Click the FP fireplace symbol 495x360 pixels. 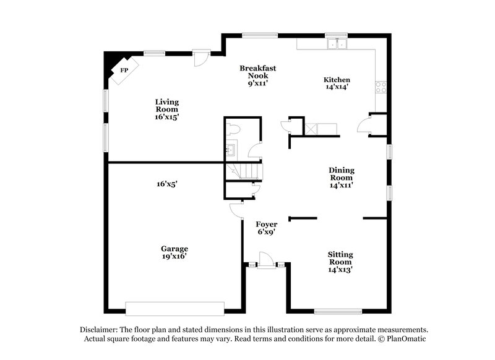[123, 71]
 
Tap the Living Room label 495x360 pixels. [166, 109]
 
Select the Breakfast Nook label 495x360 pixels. [257, 74]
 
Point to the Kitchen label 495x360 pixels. [337, 83]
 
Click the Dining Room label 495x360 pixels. [342, 177]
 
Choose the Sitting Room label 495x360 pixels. [341, 261]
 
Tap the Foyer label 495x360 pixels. [267, 228]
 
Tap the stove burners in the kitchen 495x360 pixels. [379, 87]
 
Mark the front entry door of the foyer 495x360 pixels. [265, 260]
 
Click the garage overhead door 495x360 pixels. [174, 307]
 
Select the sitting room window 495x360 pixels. [338, 310]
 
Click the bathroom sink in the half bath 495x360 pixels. [231, 149]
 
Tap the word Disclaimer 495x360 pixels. [99, 330]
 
